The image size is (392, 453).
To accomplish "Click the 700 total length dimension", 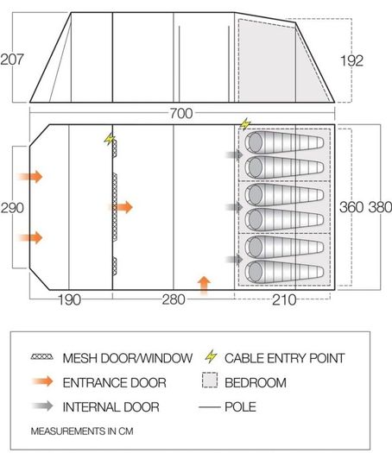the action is (x=181, y=113).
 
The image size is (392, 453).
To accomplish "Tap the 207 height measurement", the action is (x=12, y=60).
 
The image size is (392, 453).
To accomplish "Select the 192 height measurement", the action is (x=351, y=60).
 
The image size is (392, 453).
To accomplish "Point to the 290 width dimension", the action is (x=12, y=208).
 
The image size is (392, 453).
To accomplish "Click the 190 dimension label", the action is (x=69, y=300).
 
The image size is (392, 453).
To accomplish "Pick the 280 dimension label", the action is (x=174, y=299).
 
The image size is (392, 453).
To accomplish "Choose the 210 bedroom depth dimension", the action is (x=284, y=300).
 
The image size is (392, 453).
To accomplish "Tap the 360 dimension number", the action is (x=351, y=207).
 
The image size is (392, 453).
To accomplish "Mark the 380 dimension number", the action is (x=380, y=207).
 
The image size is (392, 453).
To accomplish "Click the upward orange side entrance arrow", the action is (x=204, y=285).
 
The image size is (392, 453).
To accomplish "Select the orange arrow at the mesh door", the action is (x=122, y=207).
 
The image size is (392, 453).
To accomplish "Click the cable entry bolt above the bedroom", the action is (x=245, y=124).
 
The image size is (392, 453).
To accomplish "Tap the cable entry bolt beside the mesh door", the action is (x=110, y=139).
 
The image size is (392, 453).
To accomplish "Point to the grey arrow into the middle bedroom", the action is (x=235, y=206).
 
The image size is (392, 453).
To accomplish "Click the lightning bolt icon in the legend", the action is (x=211, y=356).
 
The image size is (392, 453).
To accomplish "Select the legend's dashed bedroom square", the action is (x=210, y=381).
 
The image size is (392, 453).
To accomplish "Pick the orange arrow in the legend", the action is (x=42, y=381).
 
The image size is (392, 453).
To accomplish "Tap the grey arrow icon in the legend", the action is (x=42, y=406).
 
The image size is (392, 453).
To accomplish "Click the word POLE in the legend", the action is (x=241, y=406).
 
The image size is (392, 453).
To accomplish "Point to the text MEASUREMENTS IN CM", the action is (x=82, y=431).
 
